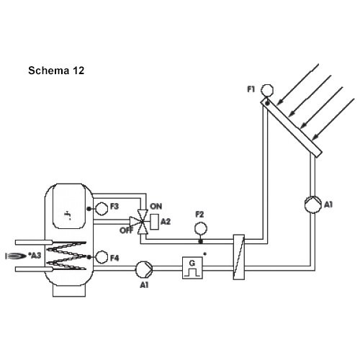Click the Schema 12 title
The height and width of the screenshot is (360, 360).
pos(56,71)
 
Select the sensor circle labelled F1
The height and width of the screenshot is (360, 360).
pos(267,90)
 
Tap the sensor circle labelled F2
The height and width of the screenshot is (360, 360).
pos(201,228)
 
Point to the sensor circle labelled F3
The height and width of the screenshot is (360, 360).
pos(102,209)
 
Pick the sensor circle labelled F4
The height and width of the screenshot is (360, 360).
pos(102,257)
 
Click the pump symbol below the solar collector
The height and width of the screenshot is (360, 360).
pos(312,204)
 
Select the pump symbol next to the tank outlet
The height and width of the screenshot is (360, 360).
pos(144,269)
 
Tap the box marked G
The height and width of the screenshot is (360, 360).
pos(192,268)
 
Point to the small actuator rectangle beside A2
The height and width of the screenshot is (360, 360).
pos(154,222)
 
